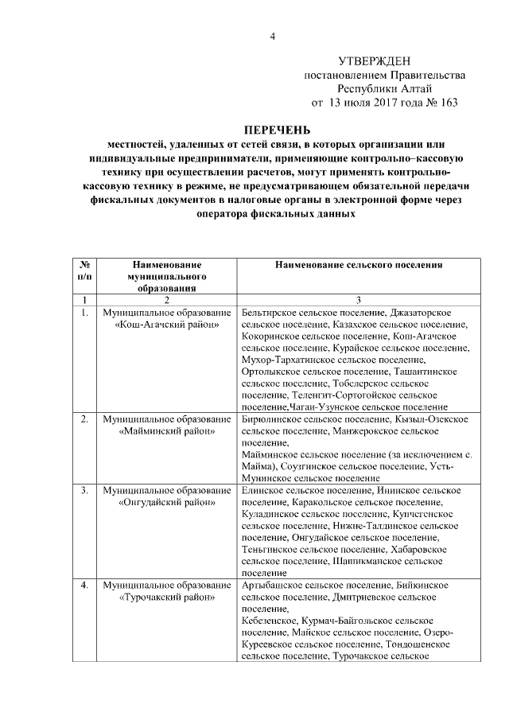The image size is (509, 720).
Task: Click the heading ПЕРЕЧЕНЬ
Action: coord(277,130)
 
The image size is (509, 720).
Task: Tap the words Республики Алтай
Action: coord(385,88)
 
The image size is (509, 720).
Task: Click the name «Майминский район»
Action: coord(167,432)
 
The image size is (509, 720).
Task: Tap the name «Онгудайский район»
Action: coord(167,503)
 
